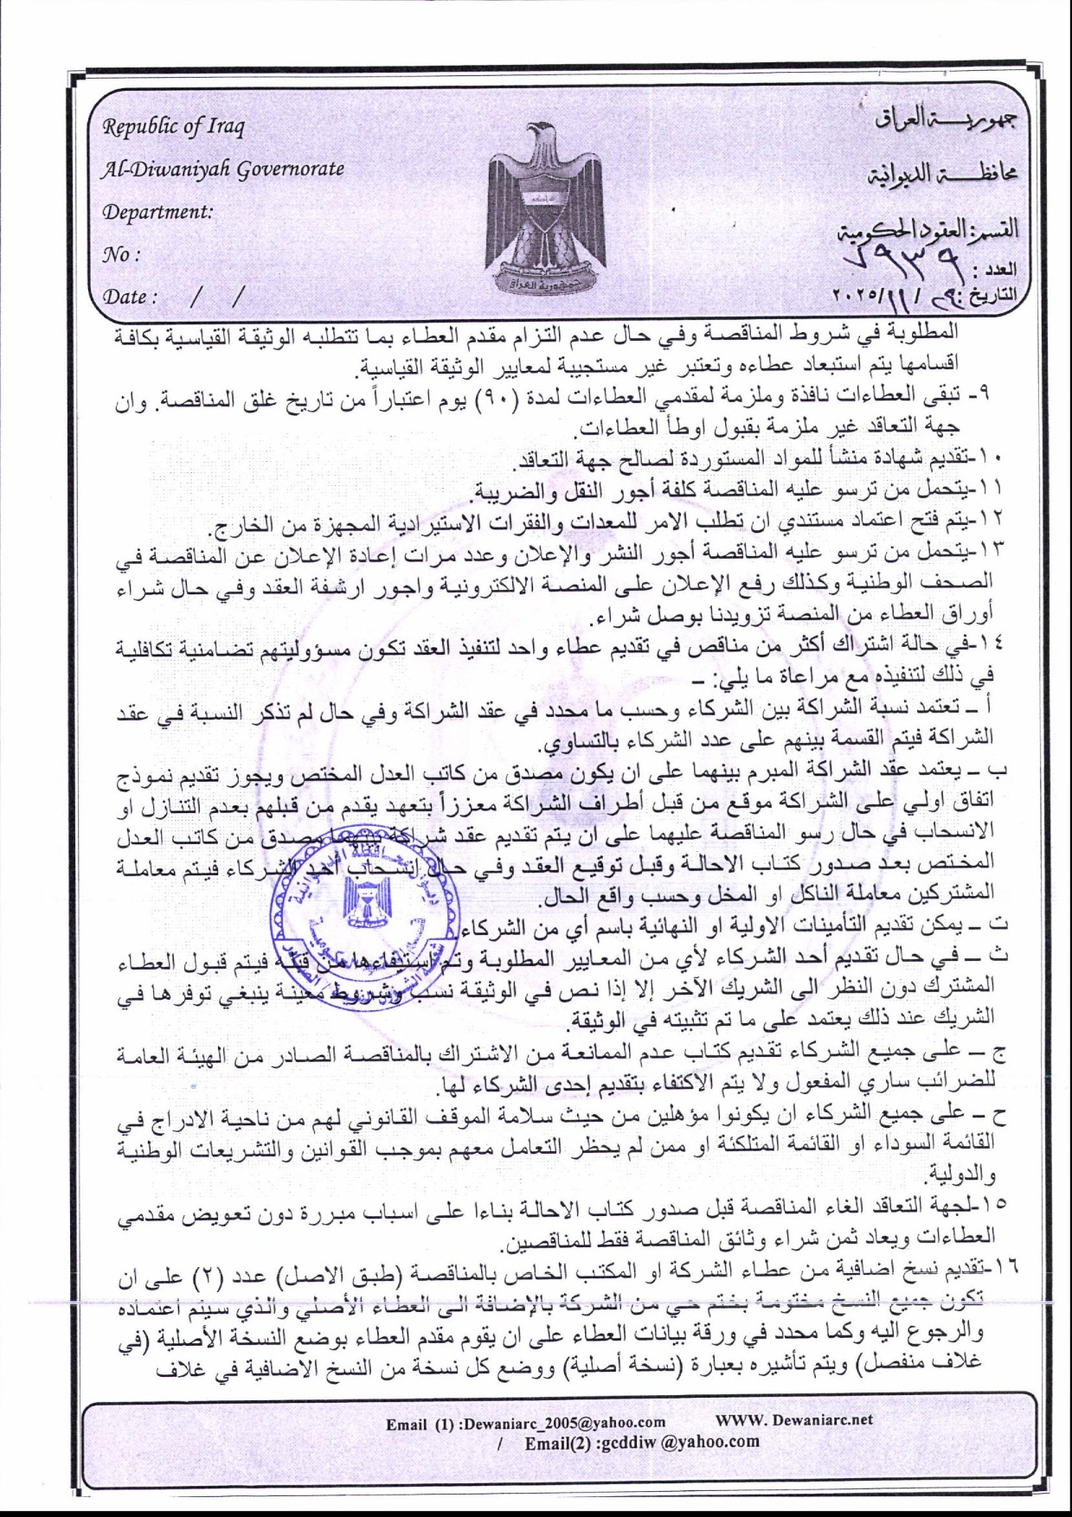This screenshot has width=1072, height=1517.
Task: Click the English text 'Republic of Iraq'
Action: [x=174, y=128]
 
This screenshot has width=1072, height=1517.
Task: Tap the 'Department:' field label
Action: [x=158, y=211]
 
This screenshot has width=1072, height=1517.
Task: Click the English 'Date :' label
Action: [x=131, y=297]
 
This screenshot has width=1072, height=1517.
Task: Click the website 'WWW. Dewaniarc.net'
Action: [x=793, y=1419]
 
